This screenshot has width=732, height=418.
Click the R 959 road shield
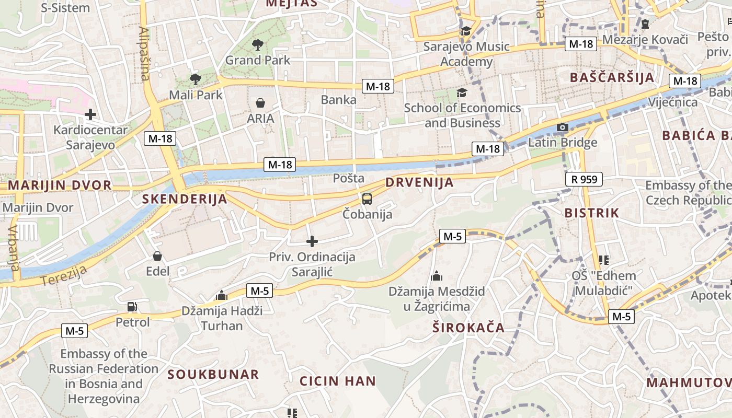[x=584, y=180]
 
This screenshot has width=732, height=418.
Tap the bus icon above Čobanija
[x=367, y=199]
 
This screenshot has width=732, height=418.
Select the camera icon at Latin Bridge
[x=563, y=127]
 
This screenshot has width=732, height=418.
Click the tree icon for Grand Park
[x=257, y=45]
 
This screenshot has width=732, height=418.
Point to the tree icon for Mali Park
[x=196, y=79]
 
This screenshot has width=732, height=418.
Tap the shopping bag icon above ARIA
[x=260, y=103]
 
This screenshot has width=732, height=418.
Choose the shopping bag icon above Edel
[x=157, y=256]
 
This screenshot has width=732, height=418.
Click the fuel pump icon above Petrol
[x=132, y=307]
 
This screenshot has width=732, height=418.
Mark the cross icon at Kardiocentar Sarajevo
[x=90, y=114]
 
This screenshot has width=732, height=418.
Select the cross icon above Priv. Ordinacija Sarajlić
[x=312, y=241]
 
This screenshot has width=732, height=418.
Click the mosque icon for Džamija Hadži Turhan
[x=222, y=296]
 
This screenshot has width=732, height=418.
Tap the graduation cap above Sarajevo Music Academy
[x=466, y=31]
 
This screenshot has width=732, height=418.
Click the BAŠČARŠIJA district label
[x=612, y=78]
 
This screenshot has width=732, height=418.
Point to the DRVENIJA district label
[x=419, y=183]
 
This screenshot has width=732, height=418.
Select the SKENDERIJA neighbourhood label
[x=185, y=199]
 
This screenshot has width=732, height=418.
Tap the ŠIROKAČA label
[x=468, y=328]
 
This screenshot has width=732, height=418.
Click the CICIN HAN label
[x=338, y=381]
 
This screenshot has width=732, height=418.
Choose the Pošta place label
[x=349, y=178]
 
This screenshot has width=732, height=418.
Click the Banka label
[x=339, y=100]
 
